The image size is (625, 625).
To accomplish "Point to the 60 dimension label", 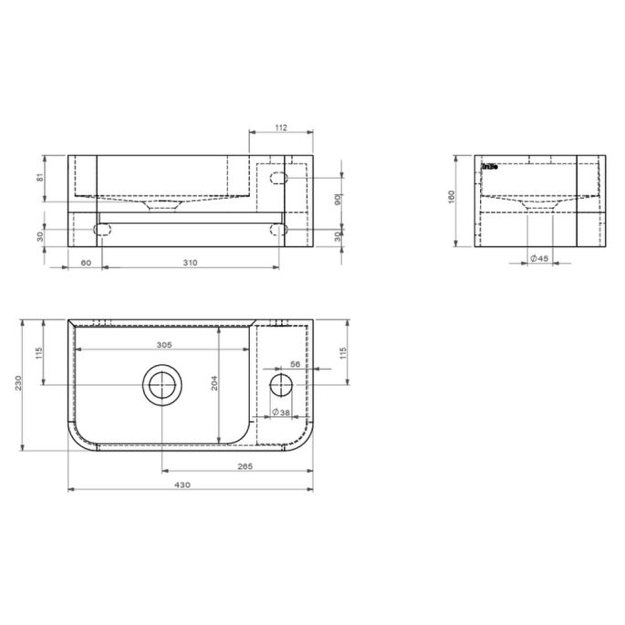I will tap(86, 262).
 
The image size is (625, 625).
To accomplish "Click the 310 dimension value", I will tap(190, 262).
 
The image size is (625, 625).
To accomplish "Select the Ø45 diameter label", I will tap(539, 259).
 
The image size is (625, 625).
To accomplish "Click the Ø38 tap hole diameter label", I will tap(283, 412).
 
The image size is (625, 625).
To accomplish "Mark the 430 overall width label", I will tap(182, 484).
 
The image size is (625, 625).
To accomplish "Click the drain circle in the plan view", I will tap(163, 386).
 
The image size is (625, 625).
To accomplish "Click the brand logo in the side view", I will tap(489, 165).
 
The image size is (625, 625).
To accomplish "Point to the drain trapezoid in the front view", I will tap(163, 206).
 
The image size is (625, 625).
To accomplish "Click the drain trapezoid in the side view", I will tap(538, 206).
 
